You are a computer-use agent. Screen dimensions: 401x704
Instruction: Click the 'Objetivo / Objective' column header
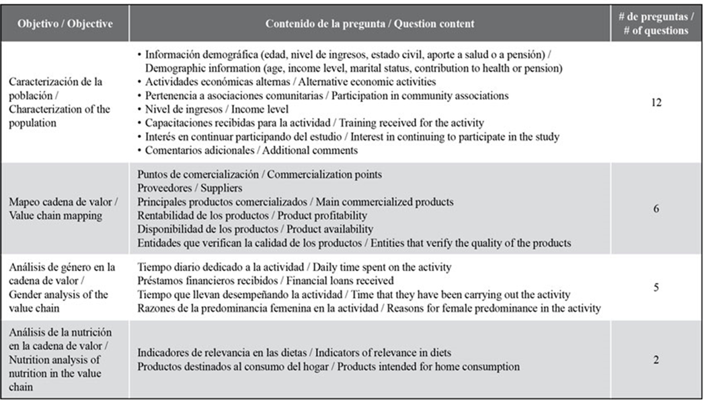[x=66, y=24]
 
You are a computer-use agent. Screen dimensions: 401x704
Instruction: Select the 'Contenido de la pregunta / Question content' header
[x=369, y=24]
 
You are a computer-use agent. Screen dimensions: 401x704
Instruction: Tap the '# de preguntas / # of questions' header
[x=656, y=24]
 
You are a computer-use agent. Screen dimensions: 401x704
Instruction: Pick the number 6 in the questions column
[x=656, y=209]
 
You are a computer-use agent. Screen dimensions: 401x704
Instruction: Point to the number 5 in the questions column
[x=656, y=287]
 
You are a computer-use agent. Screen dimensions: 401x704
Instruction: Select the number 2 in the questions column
[x=656, y=360]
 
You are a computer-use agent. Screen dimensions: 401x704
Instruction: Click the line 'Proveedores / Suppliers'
[x=190, y=188]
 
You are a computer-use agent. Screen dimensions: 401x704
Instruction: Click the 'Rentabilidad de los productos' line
[x=252, y=215]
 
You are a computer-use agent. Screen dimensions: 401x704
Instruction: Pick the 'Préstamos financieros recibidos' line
[x=266, y=281]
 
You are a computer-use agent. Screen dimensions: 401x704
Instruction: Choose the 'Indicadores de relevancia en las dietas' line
[x=294, y=353]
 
